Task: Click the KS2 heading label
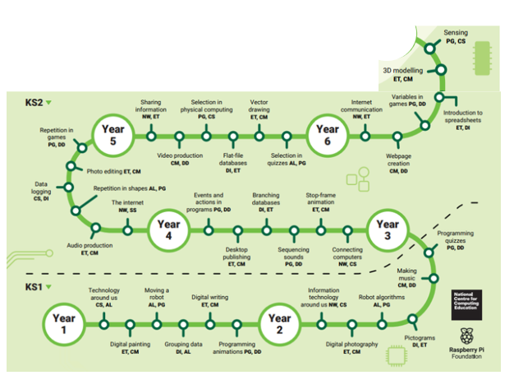click(x=34, y=103)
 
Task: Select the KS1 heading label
click(x=34, y=287)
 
